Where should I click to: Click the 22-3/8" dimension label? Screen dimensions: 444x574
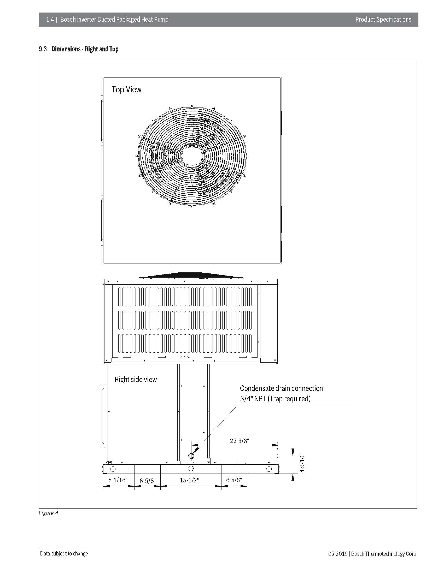point(239,441)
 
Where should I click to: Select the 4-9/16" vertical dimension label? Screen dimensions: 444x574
point(302,464)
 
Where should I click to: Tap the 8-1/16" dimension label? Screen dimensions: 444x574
point(118,480)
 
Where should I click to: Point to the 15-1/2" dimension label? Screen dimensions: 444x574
point(189,480)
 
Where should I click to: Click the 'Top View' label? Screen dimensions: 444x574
point(126,89)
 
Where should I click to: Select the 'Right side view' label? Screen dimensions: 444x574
point(136,379)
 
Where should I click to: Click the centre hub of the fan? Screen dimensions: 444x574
point(192,155)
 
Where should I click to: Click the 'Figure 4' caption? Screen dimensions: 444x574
point(48,513)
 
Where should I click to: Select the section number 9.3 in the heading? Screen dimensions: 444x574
point(43,49)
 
